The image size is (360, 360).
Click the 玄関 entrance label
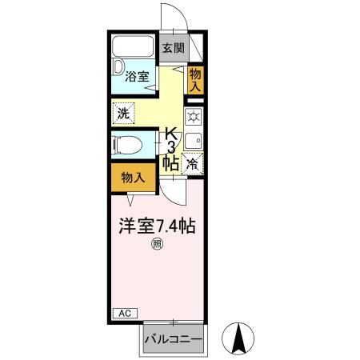click(x=174, y=48)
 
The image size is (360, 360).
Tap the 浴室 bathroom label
click(x=137, y=78)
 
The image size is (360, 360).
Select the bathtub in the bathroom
click(x=134, y=46)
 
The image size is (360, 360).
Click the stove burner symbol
click(x=194, y=118)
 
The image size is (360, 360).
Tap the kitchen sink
click(x=194, y=141)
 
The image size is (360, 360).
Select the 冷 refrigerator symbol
click(x=194, y=163)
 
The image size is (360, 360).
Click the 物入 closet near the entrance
click(x=195, y=80)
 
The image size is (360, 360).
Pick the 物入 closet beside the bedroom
click(x=133, y=177)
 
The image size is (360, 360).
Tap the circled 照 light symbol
click(x=157, y=245)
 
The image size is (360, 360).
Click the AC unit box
click(x=124, y=313)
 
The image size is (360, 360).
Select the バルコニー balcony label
click(x=174, y=339)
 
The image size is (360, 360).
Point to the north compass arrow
click(x=238, y=338)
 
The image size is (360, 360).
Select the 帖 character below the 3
click(x=170, y=162)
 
